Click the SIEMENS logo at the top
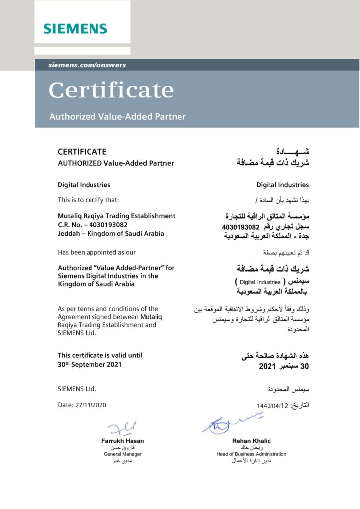75,28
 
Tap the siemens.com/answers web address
87,65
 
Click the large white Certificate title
111,90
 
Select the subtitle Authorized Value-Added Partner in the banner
117,117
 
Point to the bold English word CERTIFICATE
82,152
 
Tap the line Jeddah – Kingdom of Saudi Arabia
110,233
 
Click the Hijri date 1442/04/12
272,405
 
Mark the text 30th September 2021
89,364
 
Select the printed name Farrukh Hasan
122,441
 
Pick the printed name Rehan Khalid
251,441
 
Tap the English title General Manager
122,454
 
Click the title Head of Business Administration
251,454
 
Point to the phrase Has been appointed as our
96,252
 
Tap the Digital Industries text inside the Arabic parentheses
260,282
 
